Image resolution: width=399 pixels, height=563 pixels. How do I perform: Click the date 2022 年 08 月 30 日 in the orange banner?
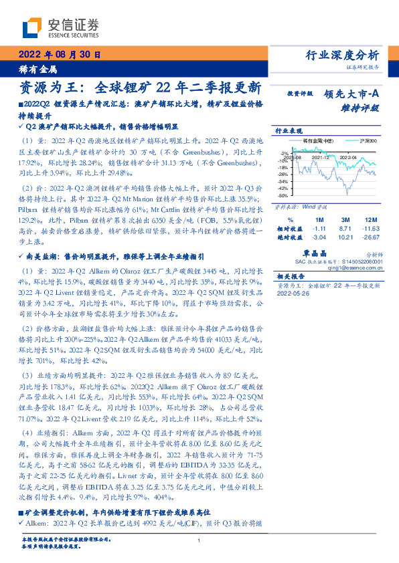pyautogui.click(x=59, y=55)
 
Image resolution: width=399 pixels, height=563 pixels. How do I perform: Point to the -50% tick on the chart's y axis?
pyautogui.click(x=283, y=197)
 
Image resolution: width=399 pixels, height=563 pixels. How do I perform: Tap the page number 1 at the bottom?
pyautogui.click(x=199, y=550)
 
